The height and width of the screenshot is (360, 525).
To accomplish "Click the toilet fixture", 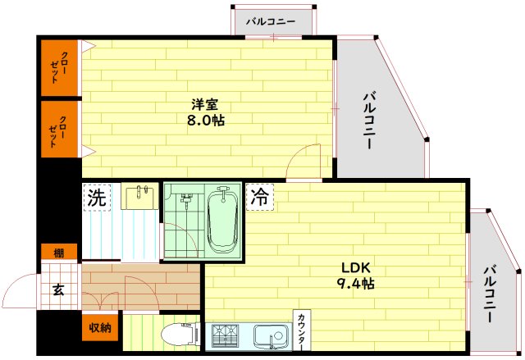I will pos(176,334).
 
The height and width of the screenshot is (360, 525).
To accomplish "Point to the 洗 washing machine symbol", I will pos(97,198).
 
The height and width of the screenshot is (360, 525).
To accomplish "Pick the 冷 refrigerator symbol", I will pos(259,197).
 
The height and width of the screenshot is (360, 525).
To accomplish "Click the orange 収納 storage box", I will pos(100,328).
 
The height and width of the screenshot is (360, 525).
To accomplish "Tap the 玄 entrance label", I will pos(59,289).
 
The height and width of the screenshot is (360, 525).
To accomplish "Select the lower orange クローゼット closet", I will pos(59,127).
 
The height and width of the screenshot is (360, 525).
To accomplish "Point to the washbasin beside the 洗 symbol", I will pos(141,196).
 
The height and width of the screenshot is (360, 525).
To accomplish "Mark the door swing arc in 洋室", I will pos(305,160).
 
